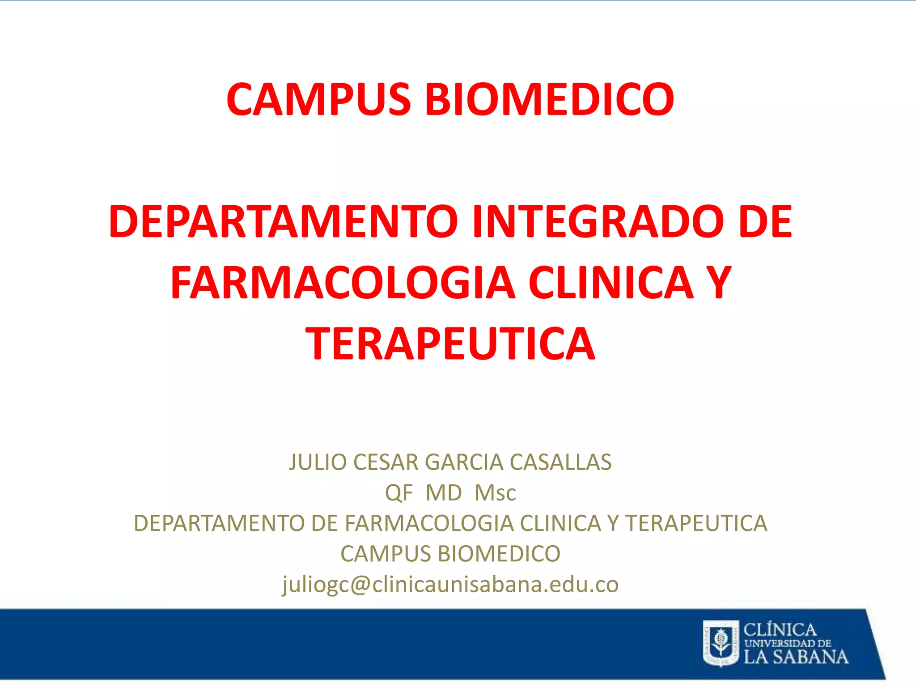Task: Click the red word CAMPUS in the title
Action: point(318,99)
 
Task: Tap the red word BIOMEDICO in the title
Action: point(550,99)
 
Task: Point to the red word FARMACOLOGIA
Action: point(343,283)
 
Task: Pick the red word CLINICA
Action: point(611,283)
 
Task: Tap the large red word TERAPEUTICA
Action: point(450,343)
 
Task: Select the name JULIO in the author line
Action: point(318,462)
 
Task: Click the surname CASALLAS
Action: point(560,462)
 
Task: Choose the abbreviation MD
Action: point(444,493)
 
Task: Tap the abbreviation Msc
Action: point(495,493)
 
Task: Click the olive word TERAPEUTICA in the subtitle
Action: point(696,524)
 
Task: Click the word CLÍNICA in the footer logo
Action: point(780,630)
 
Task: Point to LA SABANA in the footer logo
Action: point(796,657)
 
